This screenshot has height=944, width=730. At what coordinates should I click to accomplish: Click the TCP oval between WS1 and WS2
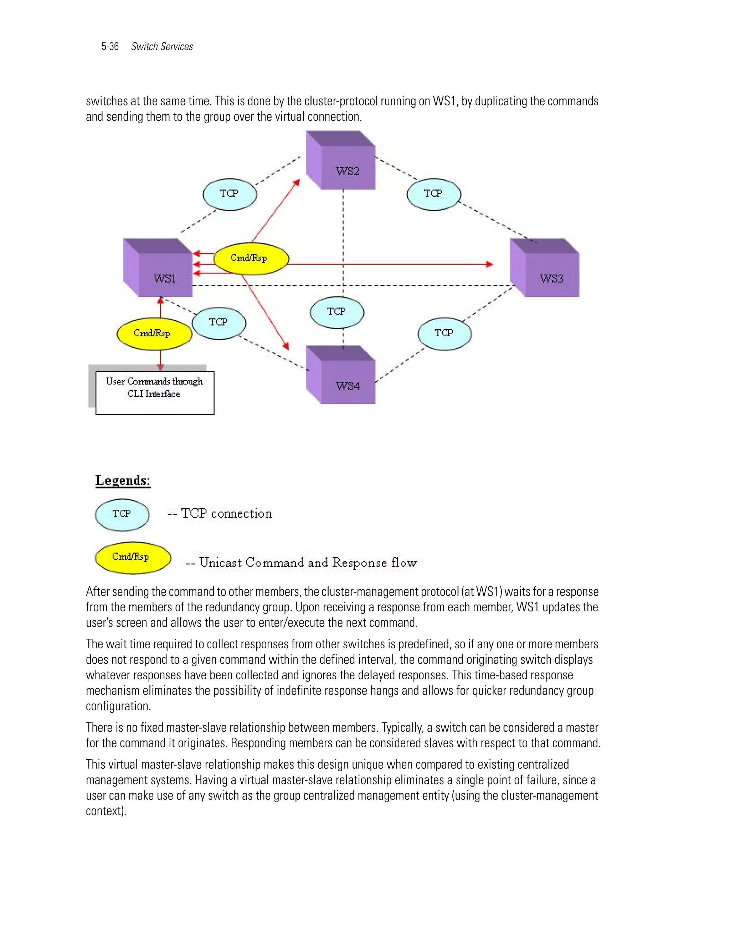pos(230,194)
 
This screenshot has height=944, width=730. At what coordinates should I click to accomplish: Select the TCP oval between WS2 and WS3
pos(434,194)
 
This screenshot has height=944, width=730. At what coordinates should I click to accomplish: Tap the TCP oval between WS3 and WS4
pos(444,334)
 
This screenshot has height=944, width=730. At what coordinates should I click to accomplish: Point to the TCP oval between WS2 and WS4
pos(337,312)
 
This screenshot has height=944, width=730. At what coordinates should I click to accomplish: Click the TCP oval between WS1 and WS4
pos(219,323)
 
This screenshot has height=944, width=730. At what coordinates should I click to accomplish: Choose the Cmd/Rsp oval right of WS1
pos(251,259)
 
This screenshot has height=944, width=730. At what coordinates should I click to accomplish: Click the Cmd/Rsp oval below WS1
pos(154,334)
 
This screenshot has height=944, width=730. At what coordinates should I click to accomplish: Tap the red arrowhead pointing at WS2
pos(297,182)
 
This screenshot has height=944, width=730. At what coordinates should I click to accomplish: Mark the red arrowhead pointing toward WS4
pos(286,346)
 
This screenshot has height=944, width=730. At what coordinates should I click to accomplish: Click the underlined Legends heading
pos(123,481)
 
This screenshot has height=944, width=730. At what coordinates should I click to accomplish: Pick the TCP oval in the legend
pos(122,514)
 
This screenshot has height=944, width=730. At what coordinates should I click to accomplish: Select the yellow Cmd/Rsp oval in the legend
pos(133,557)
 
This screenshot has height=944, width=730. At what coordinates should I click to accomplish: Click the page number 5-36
pos(110,47)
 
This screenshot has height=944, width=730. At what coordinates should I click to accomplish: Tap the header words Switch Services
pos(162,47)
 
